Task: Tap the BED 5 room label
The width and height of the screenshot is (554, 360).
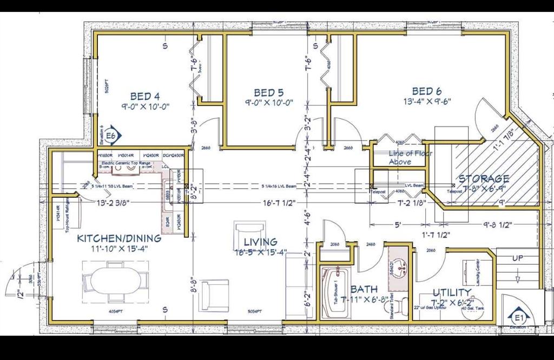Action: tap(269, 93)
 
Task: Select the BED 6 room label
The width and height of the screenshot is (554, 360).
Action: tap(427, 91)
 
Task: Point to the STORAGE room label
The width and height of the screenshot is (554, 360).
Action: tap(484, 178)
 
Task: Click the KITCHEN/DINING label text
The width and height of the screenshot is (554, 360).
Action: tap(119, 238)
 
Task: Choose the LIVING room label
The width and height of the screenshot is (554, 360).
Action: tap(260, 242)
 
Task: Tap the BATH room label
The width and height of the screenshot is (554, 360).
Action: tap(364, 290)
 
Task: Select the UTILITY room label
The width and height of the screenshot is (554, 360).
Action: tap(451, 292)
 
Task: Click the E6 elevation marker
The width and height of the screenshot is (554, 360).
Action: tap(111, 136)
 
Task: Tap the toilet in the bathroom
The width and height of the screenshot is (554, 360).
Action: tap(400, 306)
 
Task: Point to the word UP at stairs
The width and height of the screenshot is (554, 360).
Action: tap(517, 258)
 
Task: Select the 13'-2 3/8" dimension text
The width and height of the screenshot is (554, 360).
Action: tap(113, 203)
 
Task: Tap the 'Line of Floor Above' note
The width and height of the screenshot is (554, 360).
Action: tap(400, 157)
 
